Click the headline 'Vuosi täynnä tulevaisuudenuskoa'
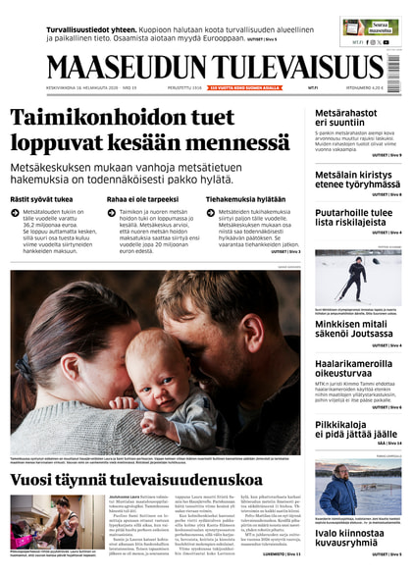click(x=136, y=481)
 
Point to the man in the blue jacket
click(x=338, y=492)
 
